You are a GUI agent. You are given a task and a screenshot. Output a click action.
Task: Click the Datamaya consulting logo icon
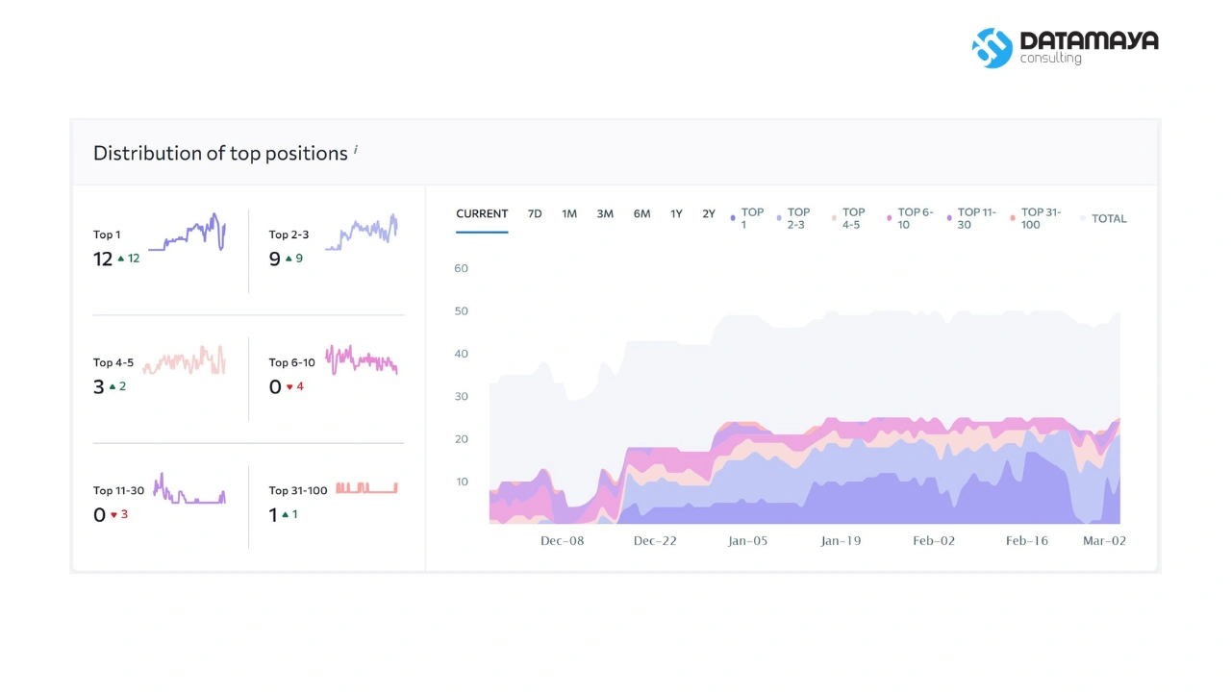(x=992, y=48)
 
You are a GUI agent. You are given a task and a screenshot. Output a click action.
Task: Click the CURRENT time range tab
(x=482, y=213)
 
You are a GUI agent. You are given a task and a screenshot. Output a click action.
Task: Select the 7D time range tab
(x=535, y=213)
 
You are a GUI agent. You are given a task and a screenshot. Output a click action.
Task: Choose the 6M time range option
(x=641, y=213)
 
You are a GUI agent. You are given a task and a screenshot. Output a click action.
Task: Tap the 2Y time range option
(x=709, y=213)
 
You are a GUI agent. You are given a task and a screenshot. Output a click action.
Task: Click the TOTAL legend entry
(x=1103, y=218)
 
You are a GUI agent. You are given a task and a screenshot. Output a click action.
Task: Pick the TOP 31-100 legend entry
(x=1036, y=218)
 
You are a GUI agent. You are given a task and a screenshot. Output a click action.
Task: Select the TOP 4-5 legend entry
(x=848, y=218)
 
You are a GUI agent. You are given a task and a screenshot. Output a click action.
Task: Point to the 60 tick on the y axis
(x=461, y=268)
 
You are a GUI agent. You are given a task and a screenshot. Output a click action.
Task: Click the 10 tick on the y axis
(x=462, y=482)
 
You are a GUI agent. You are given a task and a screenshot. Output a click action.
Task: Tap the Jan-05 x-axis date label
(x=747, y=541)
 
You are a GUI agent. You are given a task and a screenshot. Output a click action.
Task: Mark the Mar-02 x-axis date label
(x=1104, y=541)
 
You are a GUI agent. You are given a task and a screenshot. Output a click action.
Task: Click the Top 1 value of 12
(x=103, y=259)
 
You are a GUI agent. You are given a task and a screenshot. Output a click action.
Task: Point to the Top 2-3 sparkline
(x=361, y=232)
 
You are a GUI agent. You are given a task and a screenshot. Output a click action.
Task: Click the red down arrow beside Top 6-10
(x=289, y=387)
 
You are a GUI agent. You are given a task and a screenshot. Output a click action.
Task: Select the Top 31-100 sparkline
(x=366, y=487)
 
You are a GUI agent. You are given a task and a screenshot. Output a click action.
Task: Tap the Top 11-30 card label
(x=118, y=490)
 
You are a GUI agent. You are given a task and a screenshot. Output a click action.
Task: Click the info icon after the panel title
(x=356, y=149)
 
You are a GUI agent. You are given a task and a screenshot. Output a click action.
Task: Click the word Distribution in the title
(x=147, y=153)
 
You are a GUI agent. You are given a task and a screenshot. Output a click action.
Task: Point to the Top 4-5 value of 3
(x=98, y=386)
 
